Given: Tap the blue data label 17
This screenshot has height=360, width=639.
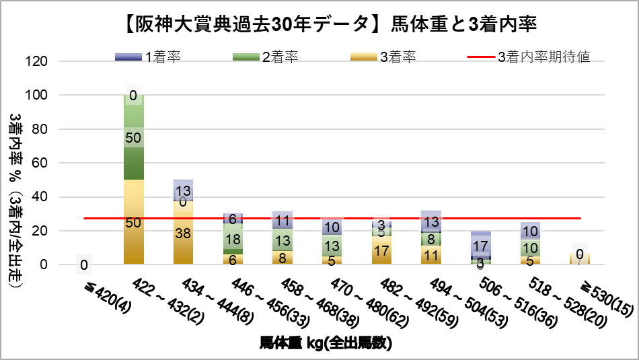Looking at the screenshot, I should tap(481, 246).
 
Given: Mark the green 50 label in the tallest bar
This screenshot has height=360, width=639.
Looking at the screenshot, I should tap(133, 138).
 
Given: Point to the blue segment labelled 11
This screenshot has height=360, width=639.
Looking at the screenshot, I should tap(283, 220).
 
